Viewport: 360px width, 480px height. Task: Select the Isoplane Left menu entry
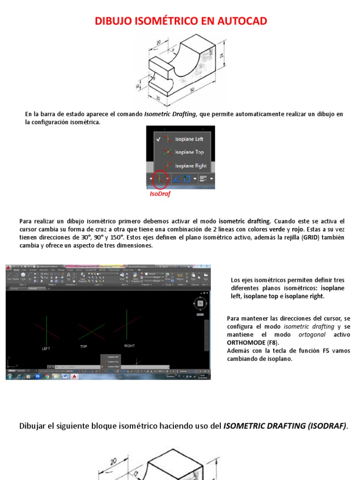tap(189, 139)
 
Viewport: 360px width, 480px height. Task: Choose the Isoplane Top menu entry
tap(189, 152)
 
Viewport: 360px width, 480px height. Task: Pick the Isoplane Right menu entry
tap(190, 165)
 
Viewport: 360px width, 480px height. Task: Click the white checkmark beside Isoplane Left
tap(159, 139)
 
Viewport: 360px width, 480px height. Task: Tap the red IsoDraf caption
tap(159, 194)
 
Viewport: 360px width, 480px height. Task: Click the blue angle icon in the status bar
tap(176, 179)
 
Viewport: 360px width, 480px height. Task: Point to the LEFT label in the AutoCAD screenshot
tap(46, 349)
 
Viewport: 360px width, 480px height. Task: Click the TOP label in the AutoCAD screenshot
tap(83, 347)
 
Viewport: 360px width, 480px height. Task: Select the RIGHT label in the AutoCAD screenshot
tap(129, 346)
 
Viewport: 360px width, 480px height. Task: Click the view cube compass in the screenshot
tap(200, 304)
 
